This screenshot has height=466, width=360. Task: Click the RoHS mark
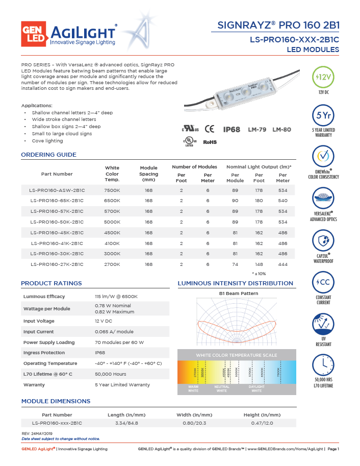click(x=210, y=142)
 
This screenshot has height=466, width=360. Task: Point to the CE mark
click(x=209, y=130)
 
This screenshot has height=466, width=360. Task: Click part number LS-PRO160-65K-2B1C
click(x=57, y=201)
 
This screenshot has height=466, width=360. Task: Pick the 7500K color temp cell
click(x=112, y=190)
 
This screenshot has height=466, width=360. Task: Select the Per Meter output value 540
click(x=282, y=201)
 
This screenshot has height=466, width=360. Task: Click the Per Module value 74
click(x=235, y=264)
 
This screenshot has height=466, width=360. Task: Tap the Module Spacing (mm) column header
click(x=148, y=174)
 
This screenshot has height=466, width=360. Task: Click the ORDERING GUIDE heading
click(x=48, y=155)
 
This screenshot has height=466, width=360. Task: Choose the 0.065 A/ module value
click(x=114, y=332)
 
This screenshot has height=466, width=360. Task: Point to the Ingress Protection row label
click(x=44, y=353)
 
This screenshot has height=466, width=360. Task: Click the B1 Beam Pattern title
click(x=238, y=293)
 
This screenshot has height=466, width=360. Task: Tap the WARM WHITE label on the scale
click(x=193, y=388)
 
